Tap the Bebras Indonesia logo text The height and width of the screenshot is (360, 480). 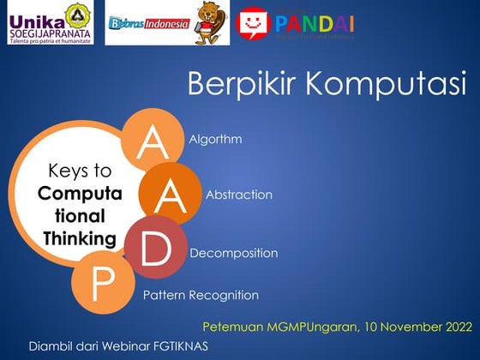[x=148, y=25]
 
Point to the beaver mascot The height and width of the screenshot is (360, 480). [x=209, y=23]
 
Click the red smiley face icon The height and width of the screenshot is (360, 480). [x=253, y=23]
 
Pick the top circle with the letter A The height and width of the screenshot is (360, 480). [x=153, y=142]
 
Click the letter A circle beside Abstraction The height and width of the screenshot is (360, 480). [x=170, y=195]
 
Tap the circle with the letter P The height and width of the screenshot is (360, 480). [x=102, y=284]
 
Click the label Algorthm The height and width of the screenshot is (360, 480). [x=215, y=139]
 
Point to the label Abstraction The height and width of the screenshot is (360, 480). [x=239, y=195]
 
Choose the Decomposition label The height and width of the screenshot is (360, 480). [x=233, y=254]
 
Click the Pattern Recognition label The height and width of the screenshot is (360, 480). [x=201, y=296]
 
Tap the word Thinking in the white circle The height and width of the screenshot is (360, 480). [x=80, y=237]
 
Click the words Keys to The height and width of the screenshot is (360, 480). [x=80, y=171]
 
